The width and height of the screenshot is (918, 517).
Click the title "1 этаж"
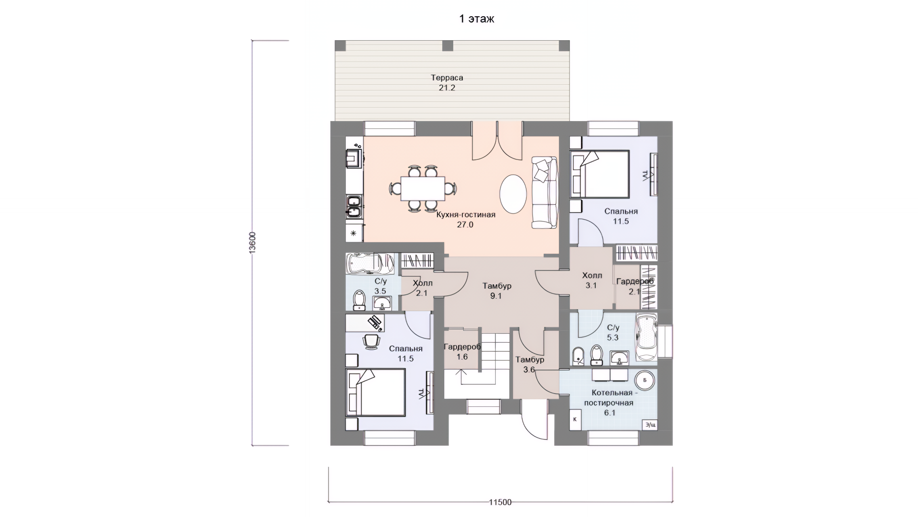point(476,19)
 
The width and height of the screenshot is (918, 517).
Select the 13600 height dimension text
point(252,243)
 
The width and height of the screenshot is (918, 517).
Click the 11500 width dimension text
point(500,502)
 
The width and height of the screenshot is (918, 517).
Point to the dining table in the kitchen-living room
point(423,188)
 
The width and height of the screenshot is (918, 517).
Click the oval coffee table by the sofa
point(513,193)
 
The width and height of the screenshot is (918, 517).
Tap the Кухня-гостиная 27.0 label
point(465,219)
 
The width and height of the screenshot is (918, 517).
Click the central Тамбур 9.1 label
point(497,291)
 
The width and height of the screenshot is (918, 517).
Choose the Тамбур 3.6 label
point(529,364)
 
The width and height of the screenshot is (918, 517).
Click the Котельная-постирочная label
point(609,403)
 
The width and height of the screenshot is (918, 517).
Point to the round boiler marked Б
point(645,380)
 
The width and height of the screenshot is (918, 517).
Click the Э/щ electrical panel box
point(650,425)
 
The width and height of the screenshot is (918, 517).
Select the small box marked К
point(575,419)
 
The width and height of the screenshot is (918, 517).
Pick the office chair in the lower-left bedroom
point(371,341)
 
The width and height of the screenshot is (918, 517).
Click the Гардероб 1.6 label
point(462,352)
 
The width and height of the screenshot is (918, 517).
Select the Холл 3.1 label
point(592,281)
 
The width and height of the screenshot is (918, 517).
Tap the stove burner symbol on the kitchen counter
point(354,234)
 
